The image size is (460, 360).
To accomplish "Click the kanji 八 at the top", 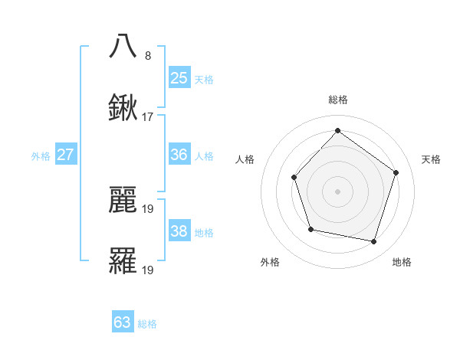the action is click(x=123, y=47).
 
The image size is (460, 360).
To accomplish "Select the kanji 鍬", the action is click(x=123, y=109).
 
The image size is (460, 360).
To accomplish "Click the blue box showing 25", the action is click(x=179, y=77).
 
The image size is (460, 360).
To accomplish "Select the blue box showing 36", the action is click(x=179, y=155).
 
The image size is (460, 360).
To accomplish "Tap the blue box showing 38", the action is click(x=179, y=231).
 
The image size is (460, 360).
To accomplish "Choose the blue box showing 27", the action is click(x=65, y=155).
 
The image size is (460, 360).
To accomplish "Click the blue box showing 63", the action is click(x=123, y=322).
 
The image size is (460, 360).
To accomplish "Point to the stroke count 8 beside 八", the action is click(x=147, y=56).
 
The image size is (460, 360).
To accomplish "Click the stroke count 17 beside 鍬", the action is click(x=148, y=118).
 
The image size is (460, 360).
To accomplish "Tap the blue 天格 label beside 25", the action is click(x=204, y=79).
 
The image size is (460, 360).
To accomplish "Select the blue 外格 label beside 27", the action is click(x=41, y=156).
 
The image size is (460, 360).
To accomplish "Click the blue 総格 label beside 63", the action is click(x=147, y=324).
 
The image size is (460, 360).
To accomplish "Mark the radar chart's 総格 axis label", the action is click(x=337, y=100).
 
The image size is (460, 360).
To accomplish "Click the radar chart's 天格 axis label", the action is click(x=432, y=159).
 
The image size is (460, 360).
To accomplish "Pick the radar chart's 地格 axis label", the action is click(x=402, y=262).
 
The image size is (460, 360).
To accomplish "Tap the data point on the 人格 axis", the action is click(x=294, y=178).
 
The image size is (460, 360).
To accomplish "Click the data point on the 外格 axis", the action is click(x=310, y=229).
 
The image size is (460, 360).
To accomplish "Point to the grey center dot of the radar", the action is click(x=337, y=191).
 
